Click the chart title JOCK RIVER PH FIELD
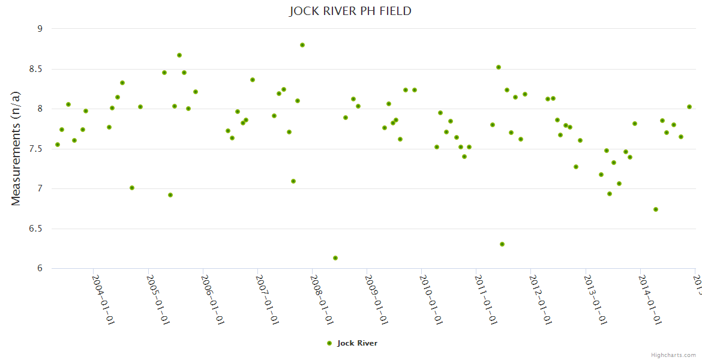coord(350,11)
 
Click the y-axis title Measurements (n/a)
coord(16,148)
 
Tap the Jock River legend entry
coord(352,343)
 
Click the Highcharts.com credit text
coord(673,355)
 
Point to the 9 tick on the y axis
coord(40,29)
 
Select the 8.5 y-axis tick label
coord(36,69)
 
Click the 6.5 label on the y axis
coord(36,229)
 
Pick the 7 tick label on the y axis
coord(40,189)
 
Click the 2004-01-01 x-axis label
coord(103,300)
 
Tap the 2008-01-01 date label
coord(322,300)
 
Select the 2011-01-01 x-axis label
coord(486,300)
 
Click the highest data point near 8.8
coord(302,45)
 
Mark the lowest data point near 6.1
coord(335,258)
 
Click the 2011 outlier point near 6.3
coord(502,244)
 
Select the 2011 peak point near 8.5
coord(499,67)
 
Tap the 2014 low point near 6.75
coord(656,209)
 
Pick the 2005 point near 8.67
coord(179,55)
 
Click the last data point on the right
coord(689,107)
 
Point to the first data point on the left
coord(58,145)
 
